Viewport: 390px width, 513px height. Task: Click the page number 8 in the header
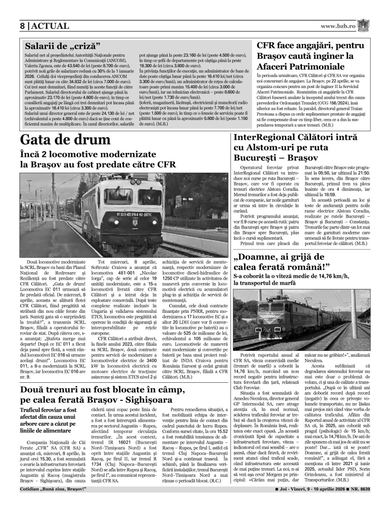coord(23,26)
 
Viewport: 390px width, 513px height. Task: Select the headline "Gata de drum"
coord(65,140)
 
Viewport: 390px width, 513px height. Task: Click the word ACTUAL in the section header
coord(50,26)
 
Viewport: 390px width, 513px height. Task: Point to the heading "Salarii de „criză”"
coord(62,45)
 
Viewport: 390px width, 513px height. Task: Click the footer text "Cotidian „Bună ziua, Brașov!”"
coord(53,489)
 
